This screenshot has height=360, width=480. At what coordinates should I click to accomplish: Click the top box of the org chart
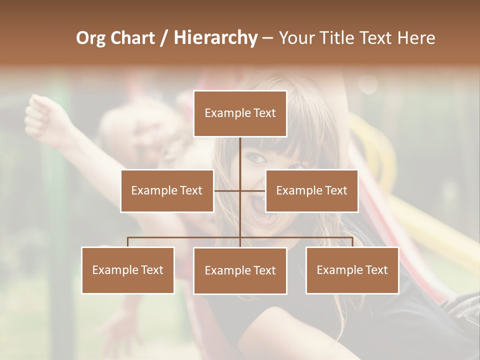[240, 113]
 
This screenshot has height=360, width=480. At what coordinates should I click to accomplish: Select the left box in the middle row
[167, 190]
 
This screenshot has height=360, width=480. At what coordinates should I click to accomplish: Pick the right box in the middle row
[311, 190]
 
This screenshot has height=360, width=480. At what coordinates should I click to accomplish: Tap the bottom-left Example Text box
[128, 270]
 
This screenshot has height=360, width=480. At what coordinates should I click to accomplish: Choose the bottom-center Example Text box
[240, 270]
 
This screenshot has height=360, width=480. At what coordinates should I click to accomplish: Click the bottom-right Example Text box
[352, 270]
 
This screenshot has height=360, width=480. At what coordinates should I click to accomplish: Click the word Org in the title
[91, 38]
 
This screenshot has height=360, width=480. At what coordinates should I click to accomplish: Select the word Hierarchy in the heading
[215, 38]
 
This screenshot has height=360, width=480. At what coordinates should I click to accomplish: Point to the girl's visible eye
[256, 158]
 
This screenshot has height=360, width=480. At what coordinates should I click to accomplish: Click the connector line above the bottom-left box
[128, 241]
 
